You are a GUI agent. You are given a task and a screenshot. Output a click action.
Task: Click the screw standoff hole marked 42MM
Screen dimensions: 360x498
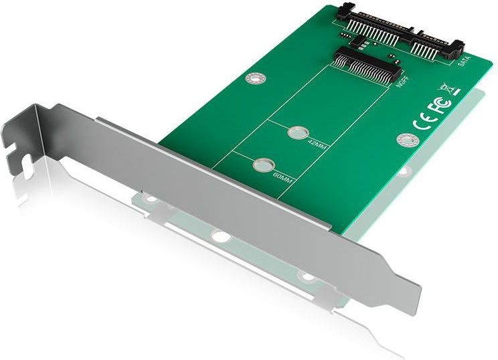[x=295, y=132]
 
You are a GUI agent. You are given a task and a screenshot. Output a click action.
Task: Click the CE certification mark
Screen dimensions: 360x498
[x=423, y=122]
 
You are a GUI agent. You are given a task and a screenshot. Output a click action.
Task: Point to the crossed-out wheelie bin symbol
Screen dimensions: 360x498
[x=446, y=89]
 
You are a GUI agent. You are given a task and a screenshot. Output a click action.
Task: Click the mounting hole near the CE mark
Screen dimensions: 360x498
[x=404, y=140]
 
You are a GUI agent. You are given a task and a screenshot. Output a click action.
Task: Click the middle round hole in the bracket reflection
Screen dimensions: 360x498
[x=219, y=236]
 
